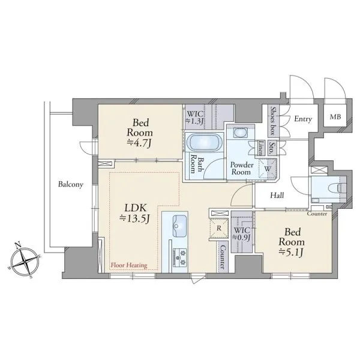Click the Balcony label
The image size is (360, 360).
pos(70,184)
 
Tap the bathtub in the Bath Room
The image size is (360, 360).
pos(205,143)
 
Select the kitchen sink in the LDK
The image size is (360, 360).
pos(180,226)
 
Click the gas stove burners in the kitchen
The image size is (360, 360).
pos(180,257)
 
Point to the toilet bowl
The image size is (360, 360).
pos(337,189)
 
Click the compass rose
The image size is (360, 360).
pos(25,262)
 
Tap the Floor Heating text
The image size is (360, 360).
pos(129,265)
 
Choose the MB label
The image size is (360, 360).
pos(335,117)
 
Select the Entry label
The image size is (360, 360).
pos(303,119)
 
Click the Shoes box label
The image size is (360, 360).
pos(273,121)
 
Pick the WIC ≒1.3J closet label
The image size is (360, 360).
pos(194,118)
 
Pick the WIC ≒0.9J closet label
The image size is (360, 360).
pos(241,234)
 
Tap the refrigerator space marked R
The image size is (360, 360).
pos(219,229)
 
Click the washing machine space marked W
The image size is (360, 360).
pos(268,169)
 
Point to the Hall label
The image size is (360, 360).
pos(277,196)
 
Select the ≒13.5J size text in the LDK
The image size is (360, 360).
pos(134,218)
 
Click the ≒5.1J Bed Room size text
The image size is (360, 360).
pos(291,253)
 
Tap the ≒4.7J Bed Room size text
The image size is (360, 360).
pos(139,143)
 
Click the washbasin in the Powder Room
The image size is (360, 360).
pos(241,133)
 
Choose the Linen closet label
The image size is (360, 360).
pos(260,148)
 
